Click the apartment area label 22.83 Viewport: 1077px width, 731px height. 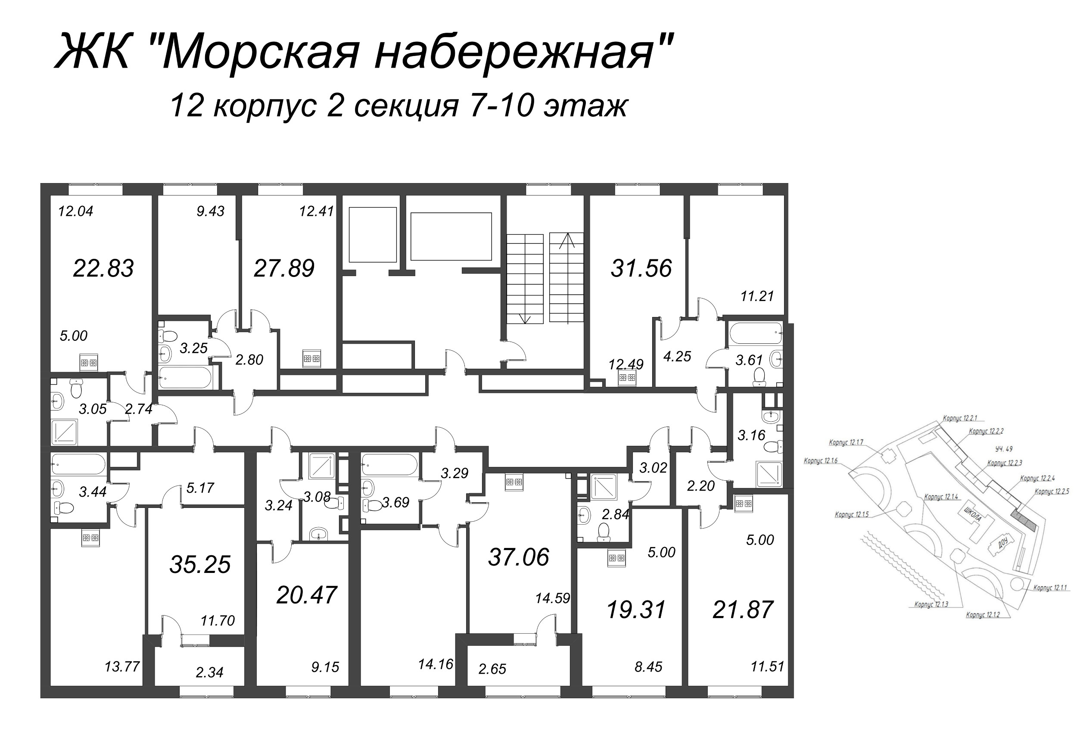[x=103, y=268]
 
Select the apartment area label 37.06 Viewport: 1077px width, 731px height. [x=519, y=557]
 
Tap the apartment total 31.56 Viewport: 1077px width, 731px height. [x=641, y=268]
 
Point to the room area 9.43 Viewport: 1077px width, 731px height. [x=210, y=211]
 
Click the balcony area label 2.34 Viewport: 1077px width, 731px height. [x=209, y=672]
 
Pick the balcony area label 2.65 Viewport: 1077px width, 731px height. [x=492, y=669]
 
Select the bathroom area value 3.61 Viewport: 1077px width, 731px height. [x=749, y=360]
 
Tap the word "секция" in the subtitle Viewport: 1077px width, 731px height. [x=406, y=106]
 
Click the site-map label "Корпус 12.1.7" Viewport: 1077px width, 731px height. [x=846, y=443]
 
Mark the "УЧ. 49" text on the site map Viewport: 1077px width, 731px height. [x=1004, y=449]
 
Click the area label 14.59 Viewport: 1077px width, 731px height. [x=552, y=598]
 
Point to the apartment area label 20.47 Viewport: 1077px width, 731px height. [x=306, y=595]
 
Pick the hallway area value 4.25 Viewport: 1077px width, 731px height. [x=677, y=356]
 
